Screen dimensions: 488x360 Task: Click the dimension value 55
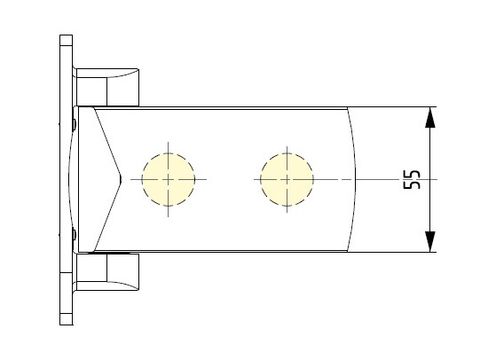[x=412, y=179]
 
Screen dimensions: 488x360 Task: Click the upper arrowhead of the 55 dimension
[x=430, y=117]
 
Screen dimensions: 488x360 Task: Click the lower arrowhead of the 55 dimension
[x=430, y=241]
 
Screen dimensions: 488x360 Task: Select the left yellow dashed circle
[x=169, y=179]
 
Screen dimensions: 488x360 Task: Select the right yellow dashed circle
[x=287, y=179]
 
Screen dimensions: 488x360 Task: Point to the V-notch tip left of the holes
[x=121, y=179]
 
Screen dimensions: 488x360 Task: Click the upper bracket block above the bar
[x=107, y=88]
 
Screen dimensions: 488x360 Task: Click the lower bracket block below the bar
[x=107, y=271]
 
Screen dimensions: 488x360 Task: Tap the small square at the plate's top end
[x=66, y=40]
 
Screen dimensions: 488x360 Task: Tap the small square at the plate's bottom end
[x=66, y=319]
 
